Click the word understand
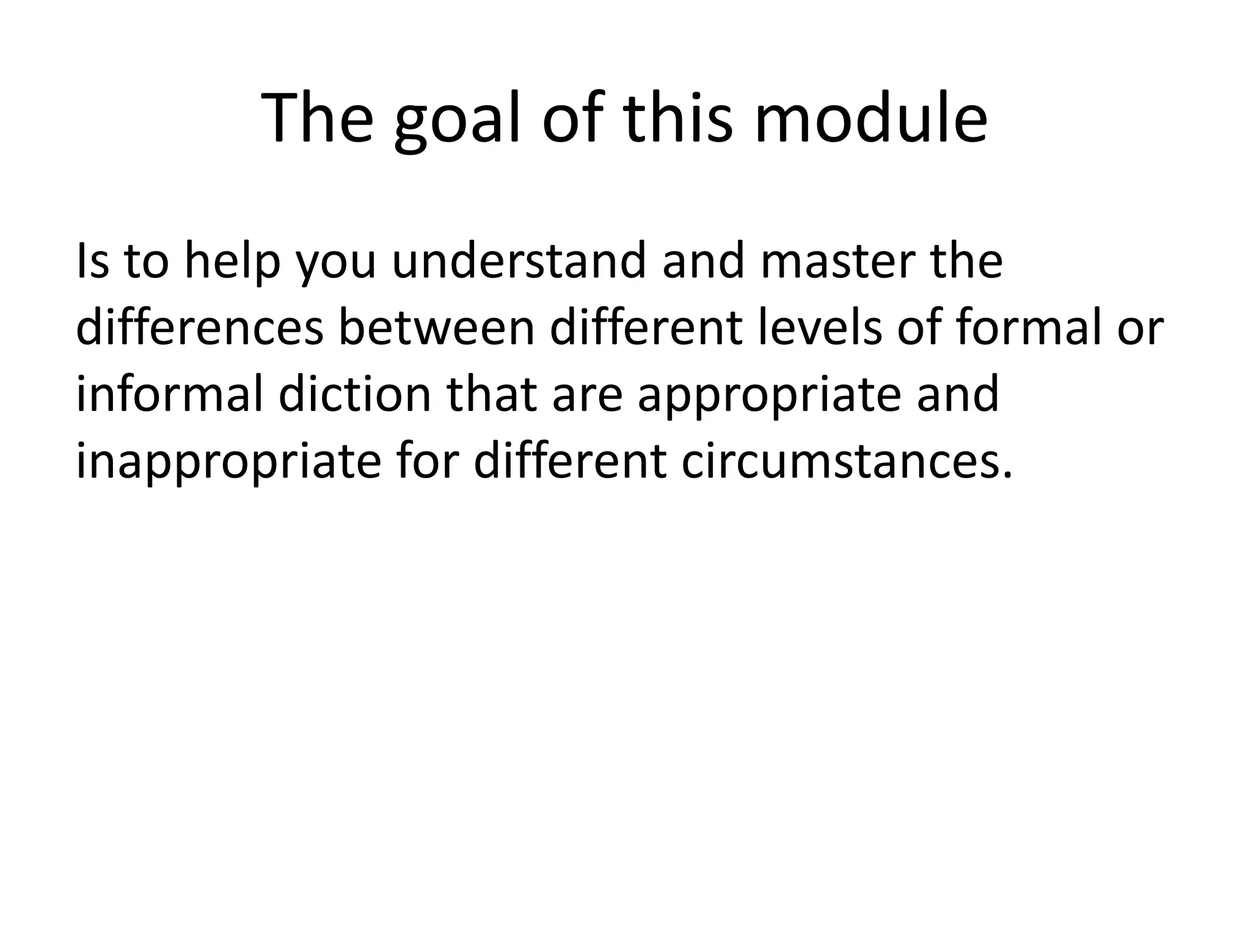[519, 261]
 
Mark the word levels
[822, 328]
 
